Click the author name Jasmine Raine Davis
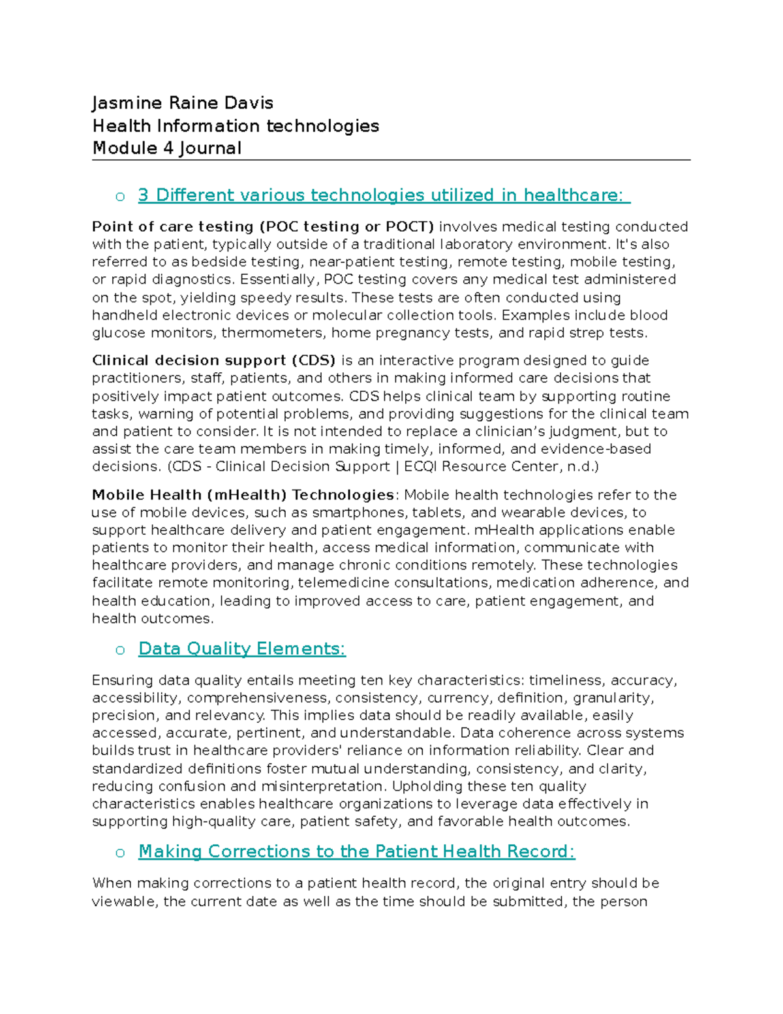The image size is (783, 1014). (182, 103)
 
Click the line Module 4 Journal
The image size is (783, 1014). (167, 148)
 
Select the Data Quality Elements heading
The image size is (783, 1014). (242, 648)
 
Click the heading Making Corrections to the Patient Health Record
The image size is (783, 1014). (356, 851)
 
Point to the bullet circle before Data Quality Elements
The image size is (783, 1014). (120, 650)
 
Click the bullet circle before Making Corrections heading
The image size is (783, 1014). (120, 853)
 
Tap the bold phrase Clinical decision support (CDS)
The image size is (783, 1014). (213, 360)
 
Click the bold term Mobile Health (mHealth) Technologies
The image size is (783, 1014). (243, 495)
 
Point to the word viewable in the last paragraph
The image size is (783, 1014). (125, 901)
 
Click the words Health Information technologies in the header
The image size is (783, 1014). (236, 126)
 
